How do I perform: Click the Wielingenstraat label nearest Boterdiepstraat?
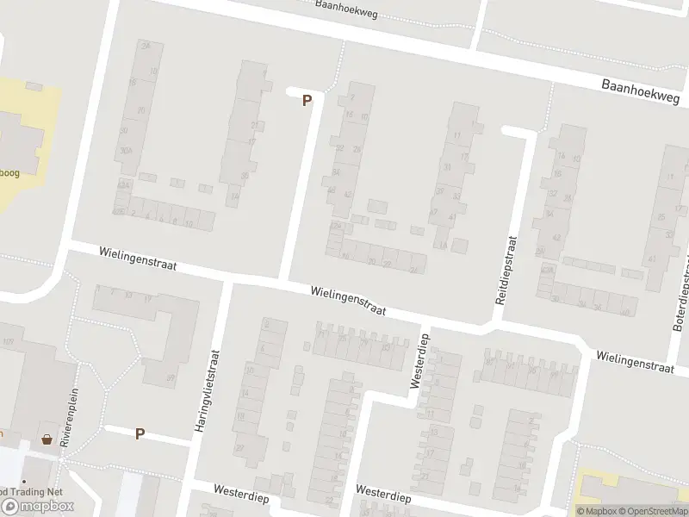634,360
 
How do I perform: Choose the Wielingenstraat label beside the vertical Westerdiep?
349,301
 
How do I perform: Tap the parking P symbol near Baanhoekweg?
307,101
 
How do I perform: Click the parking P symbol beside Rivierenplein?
140,434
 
